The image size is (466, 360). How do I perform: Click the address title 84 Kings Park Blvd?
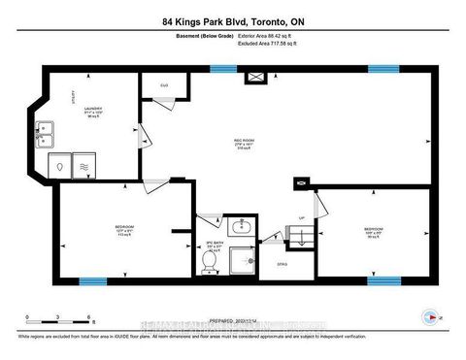(x=232, y=21)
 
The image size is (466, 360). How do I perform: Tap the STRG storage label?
(x=282, y=265)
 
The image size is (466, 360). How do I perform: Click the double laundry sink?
(x=45, y=134)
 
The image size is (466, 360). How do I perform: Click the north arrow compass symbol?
(x=428, y=317)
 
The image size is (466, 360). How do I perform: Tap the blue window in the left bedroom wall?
(x=92, y=281)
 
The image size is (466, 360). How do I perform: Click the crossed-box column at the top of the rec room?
(x=258, y=76)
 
